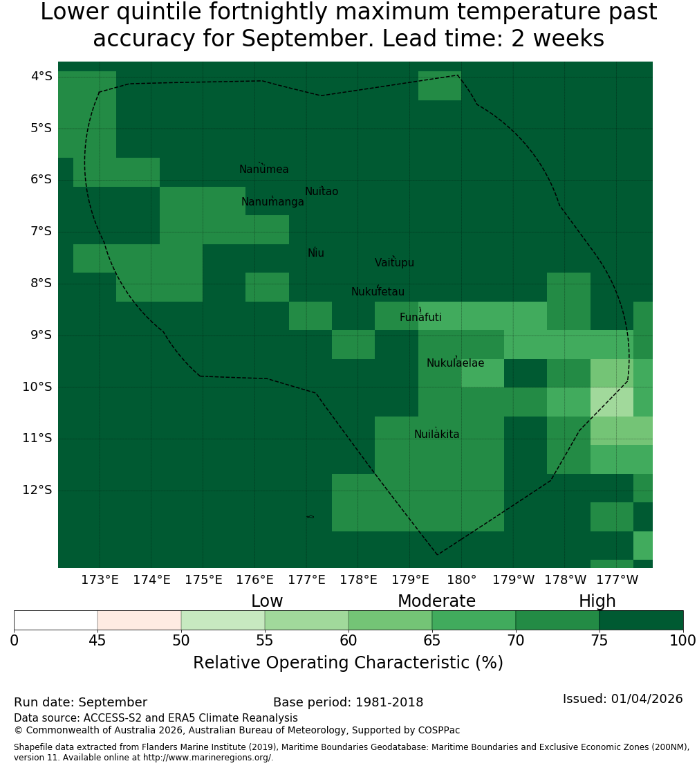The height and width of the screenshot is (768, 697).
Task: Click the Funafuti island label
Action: pyautogui.click(x=420, y=318)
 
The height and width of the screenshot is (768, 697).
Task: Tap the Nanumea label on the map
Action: pyautogui.click(x=264, y=170)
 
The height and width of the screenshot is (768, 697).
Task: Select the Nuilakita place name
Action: pyautogui.click(x=436, y=435)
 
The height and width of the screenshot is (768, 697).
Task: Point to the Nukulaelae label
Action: pyautogui.click(x=455, y=363)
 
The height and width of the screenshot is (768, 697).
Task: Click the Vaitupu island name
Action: pyautogui.click(x=395, y=263)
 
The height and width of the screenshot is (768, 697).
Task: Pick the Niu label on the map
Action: pyautogui.click(x=316, y=253)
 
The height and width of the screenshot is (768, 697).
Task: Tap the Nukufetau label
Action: pyautogui.click(x=378, y=292)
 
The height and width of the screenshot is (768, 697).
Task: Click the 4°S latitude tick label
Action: pyautogui.click(x=41, y=76)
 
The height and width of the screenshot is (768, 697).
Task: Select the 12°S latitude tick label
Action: pyautogui.click(x=37, y=491)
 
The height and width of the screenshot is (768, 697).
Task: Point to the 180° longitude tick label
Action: pyautogui.click(x=462, y=580)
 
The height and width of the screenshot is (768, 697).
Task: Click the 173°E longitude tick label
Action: pyautogui.click(x=100, y=580)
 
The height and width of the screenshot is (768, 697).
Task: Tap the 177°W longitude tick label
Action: pyautogui.click(x=617, y=580)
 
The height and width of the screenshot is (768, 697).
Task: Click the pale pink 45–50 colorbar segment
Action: pyautogui.click(x=140, y=620)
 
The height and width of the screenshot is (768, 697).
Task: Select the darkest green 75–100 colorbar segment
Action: pyautogui.click(x=641, y=620)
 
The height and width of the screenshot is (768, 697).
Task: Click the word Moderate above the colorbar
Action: pyautogui.click(x=436, y=601)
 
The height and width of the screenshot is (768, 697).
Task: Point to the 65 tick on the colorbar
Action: pyautogui.click(x=431, y=641)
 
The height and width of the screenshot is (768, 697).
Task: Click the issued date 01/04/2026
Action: pyautogui.click(x=647, y=699)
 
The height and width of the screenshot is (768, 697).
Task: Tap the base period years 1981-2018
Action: pyautogui.click(x=389, y=702)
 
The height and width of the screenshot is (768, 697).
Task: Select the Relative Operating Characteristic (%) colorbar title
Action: pyautogui.click(x=348, y=663)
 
